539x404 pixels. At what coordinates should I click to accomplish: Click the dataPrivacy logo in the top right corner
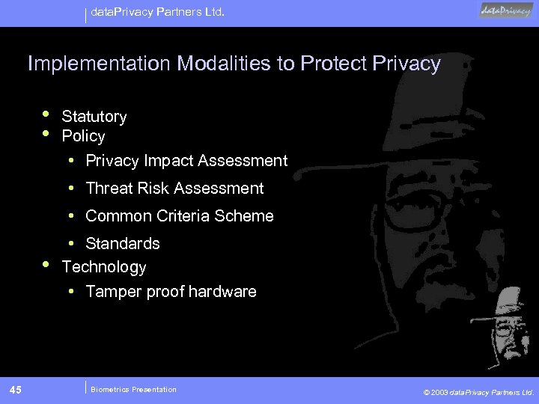tap(506, 10)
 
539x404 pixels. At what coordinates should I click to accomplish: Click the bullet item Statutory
tap(94, 117)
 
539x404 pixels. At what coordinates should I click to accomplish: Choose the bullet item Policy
tap(83, 136)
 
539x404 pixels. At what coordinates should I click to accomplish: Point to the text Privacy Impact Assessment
tap(186, 161)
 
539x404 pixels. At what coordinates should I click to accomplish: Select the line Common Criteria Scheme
tap(180, 216)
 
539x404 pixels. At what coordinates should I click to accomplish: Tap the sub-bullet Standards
tap(123, 244)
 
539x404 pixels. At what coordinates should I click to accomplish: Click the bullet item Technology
tap(104, 267)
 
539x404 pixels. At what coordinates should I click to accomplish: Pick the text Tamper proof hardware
tap(171, 292)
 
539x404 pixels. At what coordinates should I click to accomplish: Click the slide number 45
tap(16, 389)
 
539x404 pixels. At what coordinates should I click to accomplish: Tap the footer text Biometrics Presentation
tap(133, 389)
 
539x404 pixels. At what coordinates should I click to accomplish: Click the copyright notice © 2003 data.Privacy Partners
tap(478, 391)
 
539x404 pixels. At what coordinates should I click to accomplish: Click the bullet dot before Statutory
tap(46, 114)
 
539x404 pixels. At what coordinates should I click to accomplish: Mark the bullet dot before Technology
tap(46, 265)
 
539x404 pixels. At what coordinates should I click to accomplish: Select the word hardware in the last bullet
tap(222, 292)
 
